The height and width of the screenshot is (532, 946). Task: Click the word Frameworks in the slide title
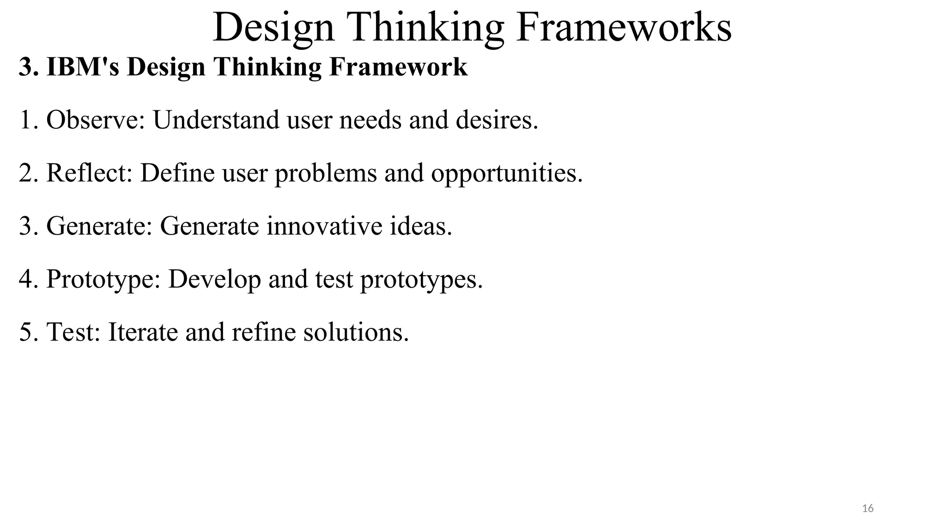tap(624, 28)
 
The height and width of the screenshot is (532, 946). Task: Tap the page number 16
tap(868, 508)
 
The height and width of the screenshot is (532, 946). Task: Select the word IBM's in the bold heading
tap(83, 67)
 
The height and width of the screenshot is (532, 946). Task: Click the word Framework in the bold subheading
tap(398, 67)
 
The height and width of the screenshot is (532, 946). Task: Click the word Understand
tap(216, 120)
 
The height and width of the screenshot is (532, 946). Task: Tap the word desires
tap(497, 120)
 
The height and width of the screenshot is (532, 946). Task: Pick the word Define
tap(177, 173)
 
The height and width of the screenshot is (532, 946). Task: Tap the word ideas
tap(421, 226)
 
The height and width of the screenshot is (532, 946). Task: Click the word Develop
tap(214, 280)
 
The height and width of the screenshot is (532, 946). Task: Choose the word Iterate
tap(143, 332)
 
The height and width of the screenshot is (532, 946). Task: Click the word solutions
tap(356, 332)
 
